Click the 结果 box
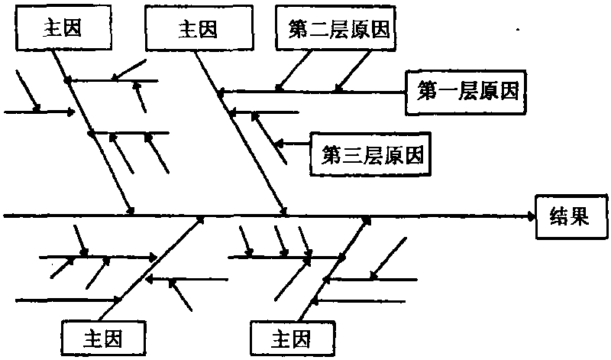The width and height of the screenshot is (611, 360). point(570,216)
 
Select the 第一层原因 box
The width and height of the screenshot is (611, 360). point(467,92)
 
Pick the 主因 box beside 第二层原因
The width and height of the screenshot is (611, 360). point(198,29)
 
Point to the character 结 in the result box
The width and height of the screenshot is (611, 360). point(559,216)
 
